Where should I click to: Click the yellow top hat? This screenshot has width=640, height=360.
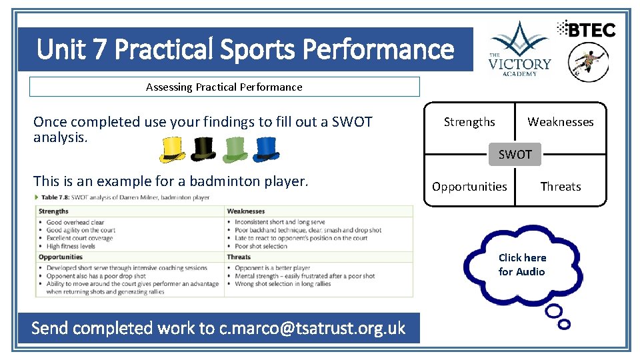(173, 150)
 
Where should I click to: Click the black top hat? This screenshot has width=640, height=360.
(203, 150)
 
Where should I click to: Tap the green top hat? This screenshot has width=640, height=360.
(235, 150)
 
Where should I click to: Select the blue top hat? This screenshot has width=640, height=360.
(265, 150)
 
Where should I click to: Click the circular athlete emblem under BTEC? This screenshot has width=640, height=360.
(588, 63)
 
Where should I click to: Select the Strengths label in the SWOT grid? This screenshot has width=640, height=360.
(469, 122)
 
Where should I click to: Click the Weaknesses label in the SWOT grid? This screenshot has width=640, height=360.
(560, 122)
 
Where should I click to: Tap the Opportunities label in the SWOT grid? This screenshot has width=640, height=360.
(469, 187)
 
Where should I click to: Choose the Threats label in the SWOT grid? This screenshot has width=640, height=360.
(560, 187)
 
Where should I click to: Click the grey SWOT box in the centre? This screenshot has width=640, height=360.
(515, 155)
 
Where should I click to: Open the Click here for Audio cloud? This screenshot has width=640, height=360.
(522, 265)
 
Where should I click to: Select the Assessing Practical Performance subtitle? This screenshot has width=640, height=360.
(224, 87)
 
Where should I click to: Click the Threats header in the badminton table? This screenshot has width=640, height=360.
(239, 257)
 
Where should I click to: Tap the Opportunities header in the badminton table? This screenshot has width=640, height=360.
(60, 257)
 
